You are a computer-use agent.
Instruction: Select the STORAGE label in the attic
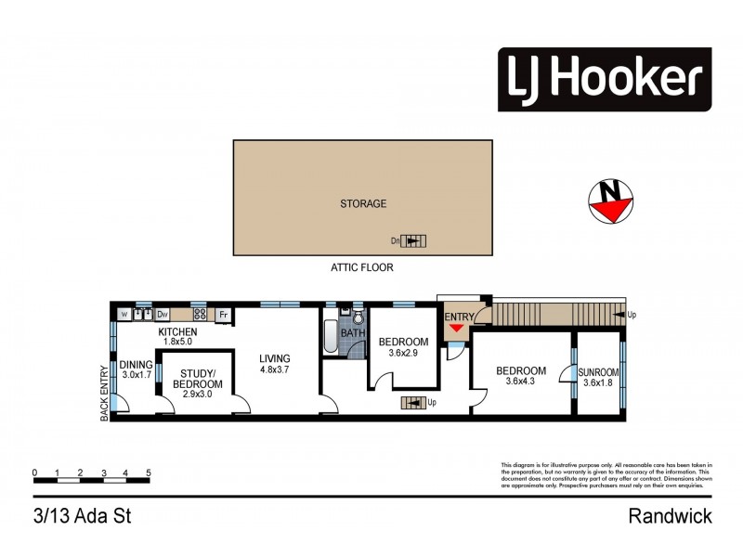point(362,203)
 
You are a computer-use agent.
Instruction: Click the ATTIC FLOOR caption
point(362,267)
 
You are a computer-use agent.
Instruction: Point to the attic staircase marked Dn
point(414,241)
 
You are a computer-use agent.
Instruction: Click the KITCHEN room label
point(177,331)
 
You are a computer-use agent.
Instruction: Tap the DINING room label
point(136,364)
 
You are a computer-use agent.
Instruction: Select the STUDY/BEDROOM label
point(197,378)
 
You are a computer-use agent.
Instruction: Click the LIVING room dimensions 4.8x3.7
point(275,370)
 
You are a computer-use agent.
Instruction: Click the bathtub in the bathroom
point(331,338)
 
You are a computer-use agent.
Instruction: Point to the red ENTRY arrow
point(454,329)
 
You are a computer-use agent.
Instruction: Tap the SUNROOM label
point(598,372)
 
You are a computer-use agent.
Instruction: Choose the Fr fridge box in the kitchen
point(223,315)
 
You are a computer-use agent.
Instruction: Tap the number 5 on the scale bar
point(149,473)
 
